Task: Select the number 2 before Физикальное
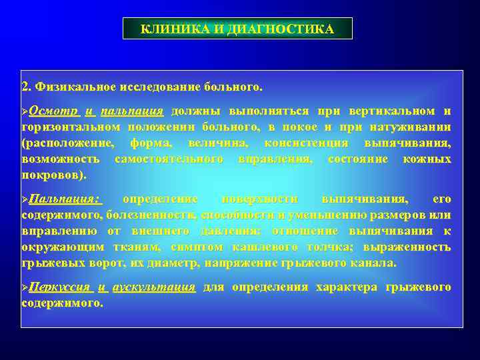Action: [x=25, y=87]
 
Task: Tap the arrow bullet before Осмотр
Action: [x=25, y=111]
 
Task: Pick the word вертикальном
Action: [x=396, y=111]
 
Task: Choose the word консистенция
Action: [x=306, y=143]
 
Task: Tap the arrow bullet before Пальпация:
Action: [x=25, y=199]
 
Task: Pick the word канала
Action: [x=377, y=263]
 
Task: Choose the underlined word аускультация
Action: [x=154, y=287]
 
